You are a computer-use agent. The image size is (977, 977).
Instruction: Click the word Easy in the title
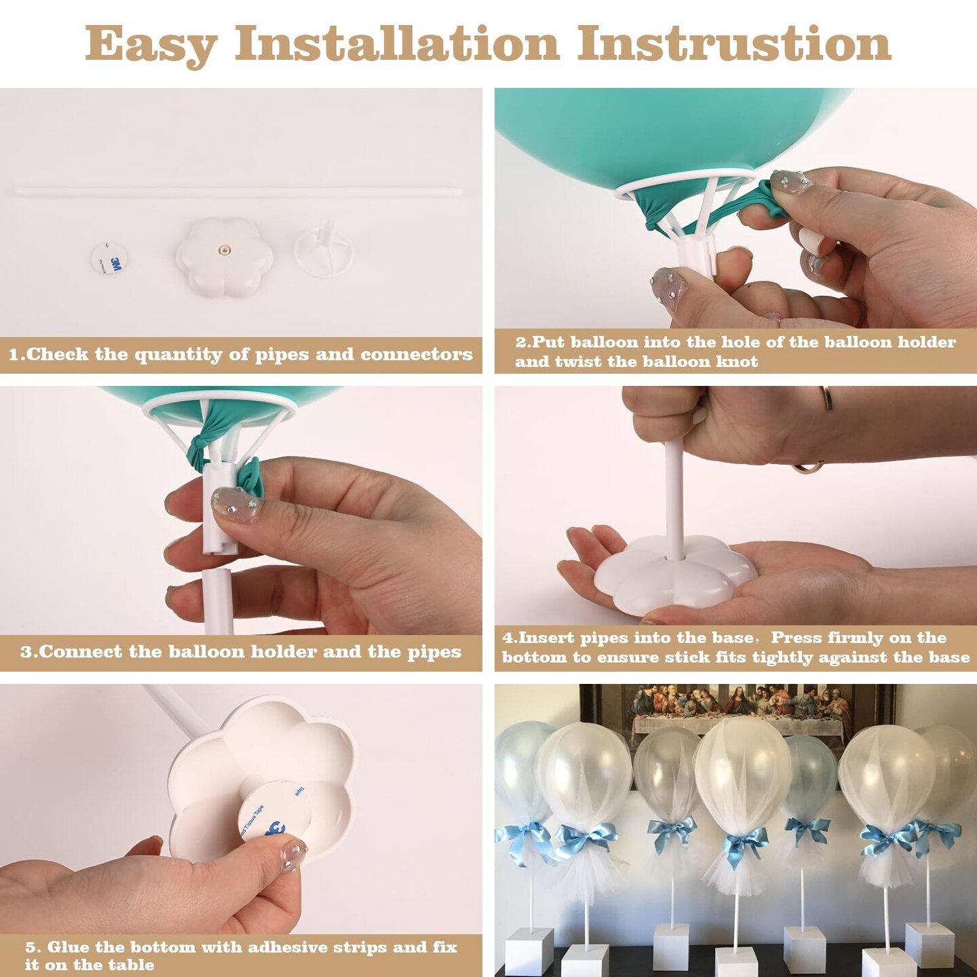151,45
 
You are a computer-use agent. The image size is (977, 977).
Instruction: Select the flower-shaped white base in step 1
225,254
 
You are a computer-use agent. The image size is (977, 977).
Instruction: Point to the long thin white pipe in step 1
238,191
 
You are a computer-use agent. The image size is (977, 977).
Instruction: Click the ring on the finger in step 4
826,398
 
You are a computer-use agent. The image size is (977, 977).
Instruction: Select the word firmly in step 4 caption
868,637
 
